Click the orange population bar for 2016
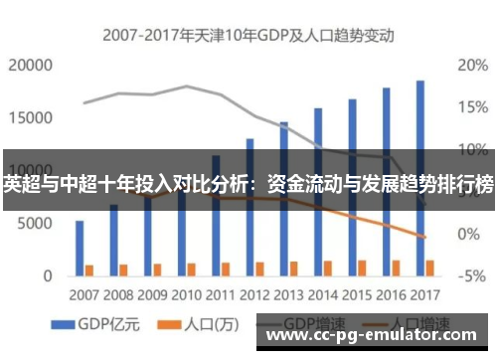(x=396, y=268)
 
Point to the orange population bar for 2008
(x=123, y=269)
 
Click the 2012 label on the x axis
(x=255, y=295)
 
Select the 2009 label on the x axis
(x=152, y=295)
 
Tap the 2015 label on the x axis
(x=357, y=295)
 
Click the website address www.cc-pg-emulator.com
(x=375, y=336)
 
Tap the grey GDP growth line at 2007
(x=85, y=102)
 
